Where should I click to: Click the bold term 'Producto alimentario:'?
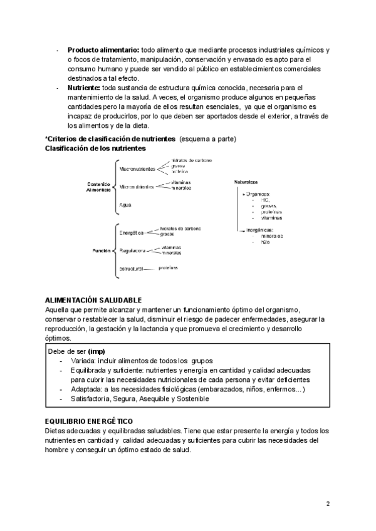103,49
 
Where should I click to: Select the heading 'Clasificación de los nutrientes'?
95,148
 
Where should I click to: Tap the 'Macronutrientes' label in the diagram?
137,168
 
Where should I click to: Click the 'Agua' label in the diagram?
125,205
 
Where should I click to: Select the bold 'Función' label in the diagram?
102,250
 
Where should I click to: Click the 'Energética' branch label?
132,232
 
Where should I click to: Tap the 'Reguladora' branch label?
132,250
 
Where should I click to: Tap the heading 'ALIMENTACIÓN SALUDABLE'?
94,301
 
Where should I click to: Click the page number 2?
328,503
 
